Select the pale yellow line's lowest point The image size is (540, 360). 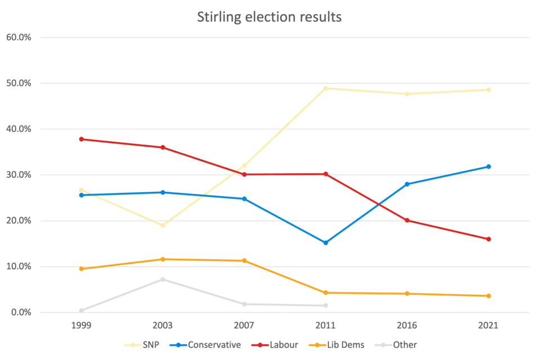point(162,226)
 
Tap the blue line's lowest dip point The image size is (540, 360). point(325,243)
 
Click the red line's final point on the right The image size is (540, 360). point(489,239)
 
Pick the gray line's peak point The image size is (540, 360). point(162,277)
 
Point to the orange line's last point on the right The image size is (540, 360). point(489,296)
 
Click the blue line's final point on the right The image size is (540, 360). point(489,166)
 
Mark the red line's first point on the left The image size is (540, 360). point(81,138)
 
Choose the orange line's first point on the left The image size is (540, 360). point(81,269)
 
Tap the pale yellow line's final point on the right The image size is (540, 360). point(489,89)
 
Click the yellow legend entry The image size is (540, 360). point(143,345)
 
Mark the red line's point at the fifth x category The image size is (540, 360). point(407,220)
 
